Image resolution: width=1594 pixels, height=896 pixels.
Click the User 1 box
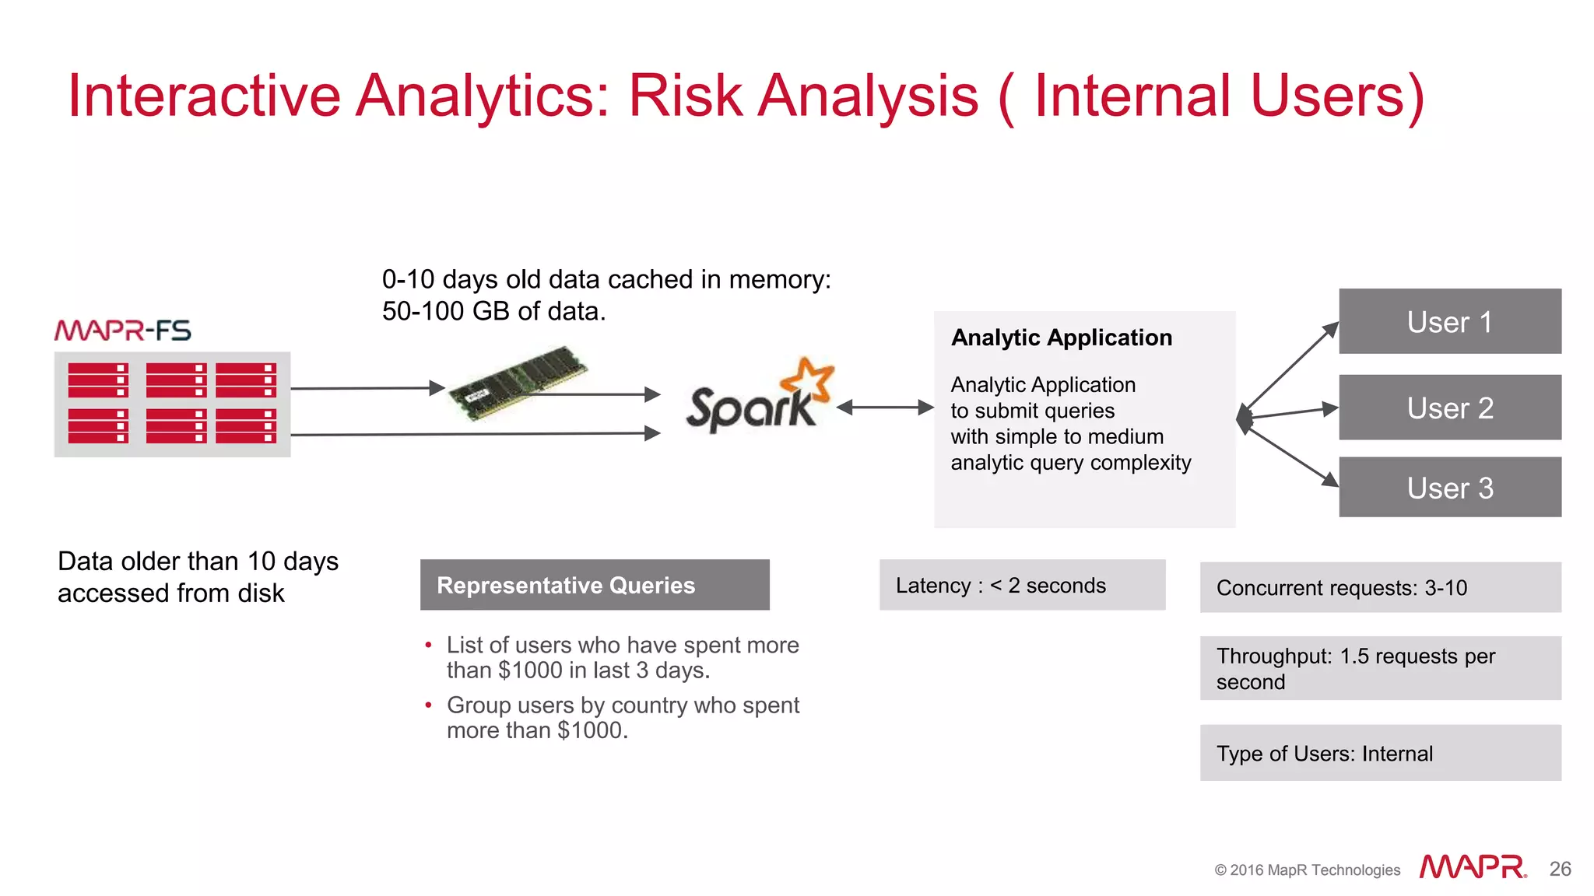pyautogui.click(x=1449, y=321)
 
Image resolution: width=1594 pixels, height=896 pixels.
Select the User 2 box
pyautogui.click(x=1449, y=408)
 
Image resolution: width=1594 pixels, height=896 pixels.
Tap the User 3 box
pyautogui.click(x=1449, y=488)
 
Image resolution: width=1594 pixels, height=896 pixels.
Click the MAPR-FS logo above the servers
pyautogui.click(x=123, y=331)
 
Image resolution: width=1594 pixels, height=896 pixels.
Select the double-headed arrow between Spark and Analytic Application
pyautogui.click(x=885, y=407)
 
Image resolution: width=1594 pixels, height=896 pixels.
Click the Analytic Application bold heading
pyautogui.click(x=1061, y=338)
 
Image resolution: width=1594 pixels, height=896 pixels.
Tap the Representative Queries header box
pyautogui.click(x=595, y=585)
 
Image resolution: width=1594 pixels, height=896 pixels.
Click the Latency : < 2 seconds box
pyautogui.click(x=1022, y=585)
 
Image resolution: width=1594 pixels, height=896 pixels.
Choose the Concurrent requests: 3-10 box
pyautogui.click(x=1380, y=587)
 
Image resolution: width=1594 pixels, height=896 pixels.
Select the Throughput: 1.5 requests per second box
pyautogui.click(x=1380, y=668)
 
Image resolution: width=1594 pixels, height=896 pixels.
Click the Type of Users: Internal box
pyautogui.click(x=1380, y=753)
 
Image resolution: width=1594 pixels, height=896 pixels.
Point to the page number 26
pyautogui.click(x=1560, y=869)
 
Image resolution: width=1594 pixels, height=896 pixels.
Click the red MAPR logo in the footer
pyautogui.click(x=1473, y=867)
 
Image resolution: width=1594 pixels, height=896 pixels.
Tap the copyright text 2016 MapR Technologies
pyautogui.click(x=1308, y=870)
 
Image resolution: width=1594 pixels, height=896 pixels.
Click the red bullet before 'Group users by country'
pyautogui.click(x=428, y=705)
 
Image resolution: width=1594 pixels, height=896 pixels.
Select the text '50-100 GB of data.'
pyautogui.click(x=493, y=311)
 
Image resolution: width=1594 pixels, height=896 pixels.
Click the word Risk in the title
pyautogui.click(x=685, y=96)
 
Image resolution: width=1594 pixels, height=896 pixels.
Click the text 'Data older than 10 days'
pyautogui.click(x=198, y=562)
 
